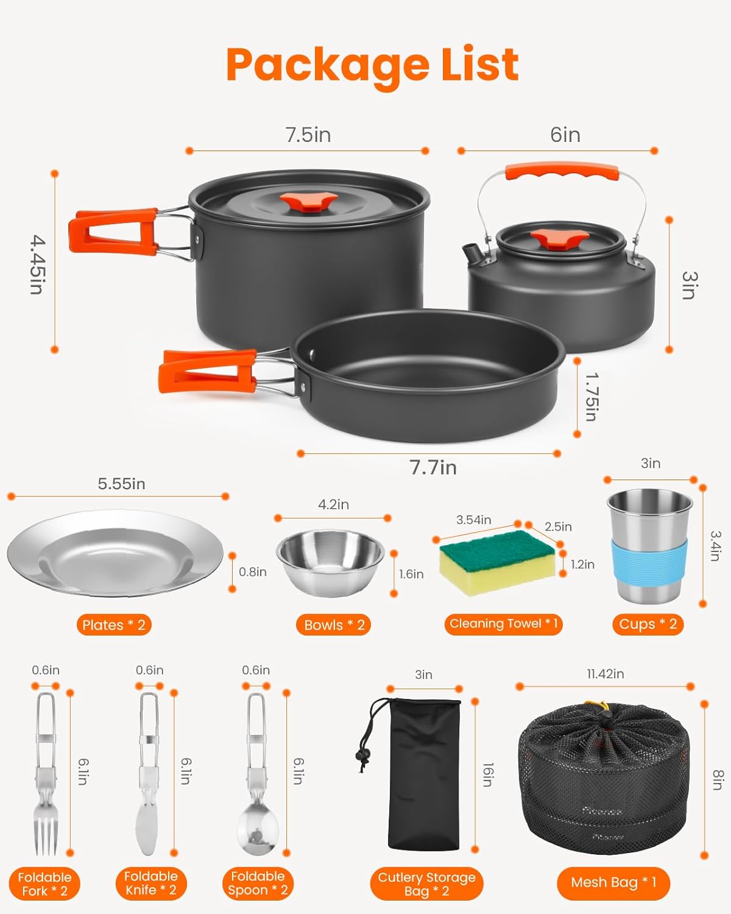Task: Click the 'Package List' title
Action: tap(372, 65)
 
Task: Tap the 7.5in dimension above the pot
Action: tap(308, 135)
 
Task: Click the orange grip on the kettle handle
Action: tap(561, 171)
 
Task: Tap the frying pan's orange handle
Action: tap(207, 370)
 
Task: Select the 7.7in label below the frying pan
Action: tap(433, 467)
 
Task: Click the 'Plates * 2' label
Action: tap(114, 625)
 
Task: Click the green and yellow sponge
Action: tap(498, 561)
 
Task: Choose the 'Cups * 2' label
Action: tap(648, 624)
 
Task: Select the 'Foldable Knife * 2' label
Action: tap(150, 883)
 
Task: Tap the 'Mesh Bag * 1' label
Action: tap(613, 882)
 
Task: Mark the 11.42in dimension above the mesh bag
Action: tap(605, 674)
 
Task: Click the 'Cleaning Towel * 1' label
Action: tap(503, 624)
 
